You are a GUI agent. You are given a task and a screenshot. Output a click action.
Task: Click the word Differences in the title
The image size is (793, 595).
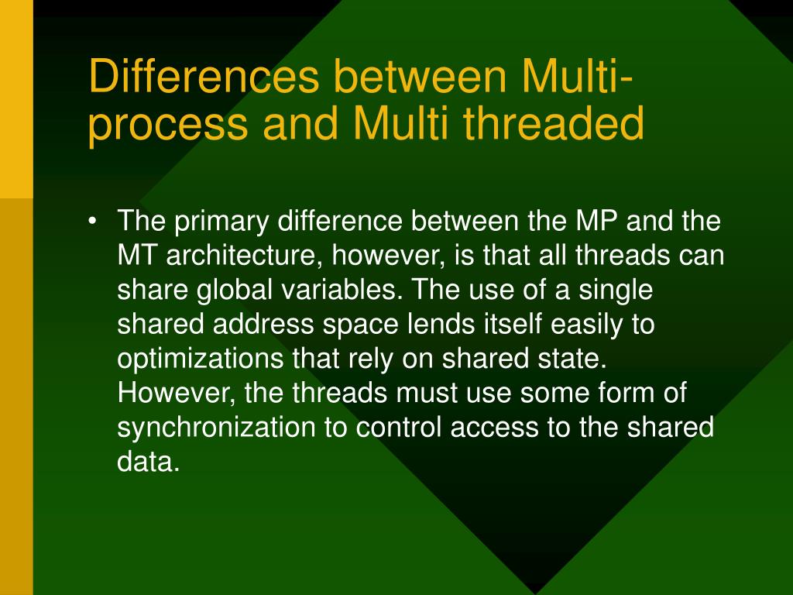(x=204, y=76)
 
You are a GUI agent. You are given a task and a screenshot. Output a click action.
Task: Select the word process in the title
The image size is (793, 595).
(x=168, y=125)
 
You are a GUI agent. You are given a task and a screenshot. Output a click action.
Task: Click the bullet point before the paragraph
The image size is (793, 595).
(x=91, y=222)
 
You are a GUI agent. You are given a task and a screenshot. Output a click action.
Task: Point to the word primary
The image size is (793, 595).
(x=221, y=222)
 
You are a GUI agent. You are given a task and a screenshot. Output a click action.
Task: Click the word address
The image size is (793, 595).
(x=263, y=324)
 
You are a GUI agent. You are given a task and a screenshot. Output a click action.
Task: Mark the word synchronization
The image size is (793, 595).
(x=217, y=428)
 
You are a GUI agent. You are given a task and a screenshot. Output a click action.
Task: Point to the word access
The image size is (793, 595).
(x=495, y=428)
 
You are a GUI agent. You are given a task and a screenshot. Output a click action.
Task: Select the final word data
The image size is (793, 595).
(x=149, y=461)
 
